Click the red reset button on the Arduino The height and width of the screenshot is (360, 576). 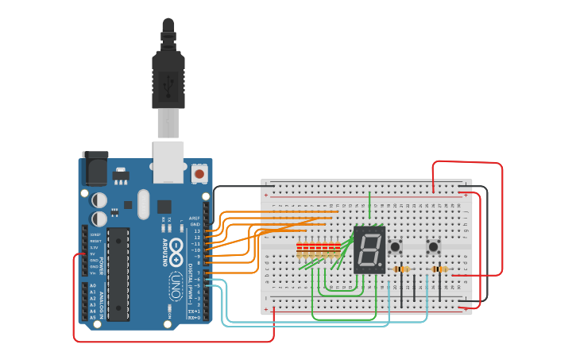pyautogui.click(x=199, y=172)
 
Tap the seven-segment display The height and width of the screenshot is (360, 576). pyautogui.click(x=369, y=250)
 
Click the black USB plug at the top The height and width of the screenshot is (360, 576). pyautogui.click(x=168, y=75)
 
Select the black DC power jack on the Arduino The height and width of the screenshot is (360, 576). pyautogui.click(x=94, y=169)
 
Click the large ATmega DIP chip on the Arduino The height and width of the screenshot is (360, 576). pyautogui.click(x=118, y=273)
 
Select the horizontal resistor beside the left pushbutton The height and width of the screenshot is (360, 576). pyautogui.click(x=403, y=269)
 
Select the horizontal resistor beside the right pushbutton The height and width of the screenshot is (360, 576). pyautogui.click(x=439, y=269)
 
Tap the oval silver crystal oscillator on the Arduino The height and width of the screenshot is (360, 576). pyautogui.click(x=143, y=203)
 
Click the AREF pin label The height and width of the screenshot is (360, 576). pyautogui.click(x=195, y=217)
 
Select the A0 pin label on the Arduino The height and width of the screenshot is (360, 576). pyautogui.click(x=93, y=285)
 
